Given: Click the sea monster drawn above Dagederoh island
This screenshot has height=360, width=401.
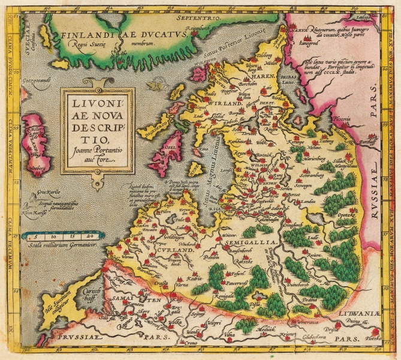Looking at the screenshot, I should coord(157,86).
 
